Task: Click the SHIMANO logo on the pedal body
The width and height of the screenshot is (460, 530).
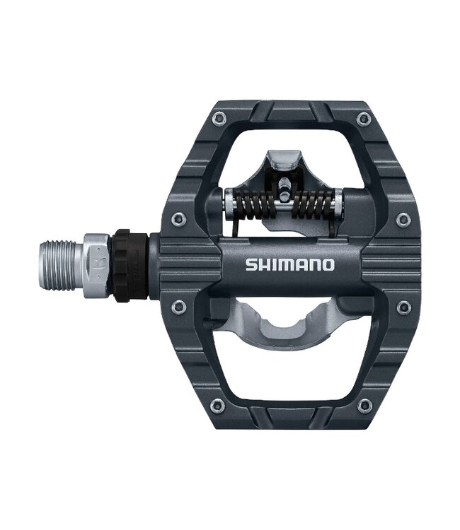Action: (289, 266)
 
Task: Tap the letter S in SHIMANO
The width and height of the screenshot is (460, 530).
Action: (251, 266)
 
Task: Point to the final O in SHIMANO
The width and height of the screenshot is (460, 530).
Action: (328, 266)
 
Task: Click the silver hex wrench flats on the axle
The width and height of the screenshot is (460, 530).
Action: (96, 264)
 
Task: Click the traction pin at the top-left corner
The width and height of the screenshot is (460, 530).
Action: (219, 119)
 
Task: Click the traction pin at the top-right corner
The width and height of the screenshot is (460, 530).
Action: (364, 119)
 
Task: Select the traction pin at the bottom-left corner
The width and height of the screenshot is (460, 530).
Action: (217, 406)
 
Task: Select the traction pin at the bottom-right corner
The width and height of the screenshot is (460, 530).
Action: (364, 406)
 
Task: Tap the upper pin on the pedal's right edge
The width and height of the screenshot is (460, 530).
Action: (403, 220)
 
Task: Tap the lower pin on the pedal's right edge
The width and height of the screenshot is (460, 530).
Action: (403, 307)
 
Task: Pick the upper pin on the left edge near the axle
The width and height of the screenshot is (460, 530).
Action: (179, 220)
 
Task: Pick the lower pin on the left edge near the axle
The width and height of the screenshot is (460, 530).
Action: (179, 307)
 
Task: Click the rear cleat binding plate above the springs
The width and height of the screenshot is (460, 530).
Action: (281, 162)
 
